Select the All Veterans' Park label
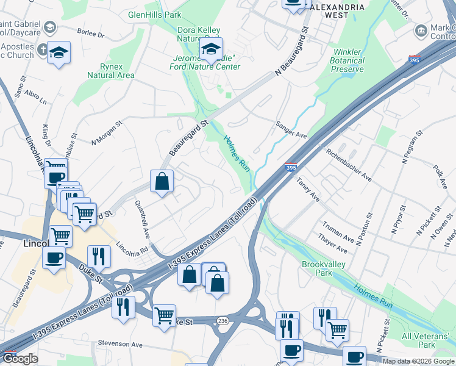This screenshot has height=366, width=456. pyautogui.click(x=427, y=340)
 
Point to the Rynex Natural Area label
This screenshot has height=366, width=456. pyautogui.click(x=110, y=71)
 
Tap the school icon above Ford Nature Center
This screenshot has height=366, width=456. pyautogui.click(x=211, y=51)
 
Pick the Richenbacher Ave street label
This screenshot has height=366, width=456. pyautogui.click(x=349, y=165)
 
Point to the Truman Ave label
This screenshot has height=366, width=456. pyautogui.click(x=339, y=232)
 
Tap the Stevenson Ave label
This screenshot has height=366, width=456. pyautogui.click(x=120, y=345)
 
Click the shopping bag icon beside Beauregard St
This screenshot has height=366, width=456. pyautogui.click(x=162, y=181)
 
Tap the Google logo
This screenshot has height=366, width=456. pyautogui.click(x=20, y=359)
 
